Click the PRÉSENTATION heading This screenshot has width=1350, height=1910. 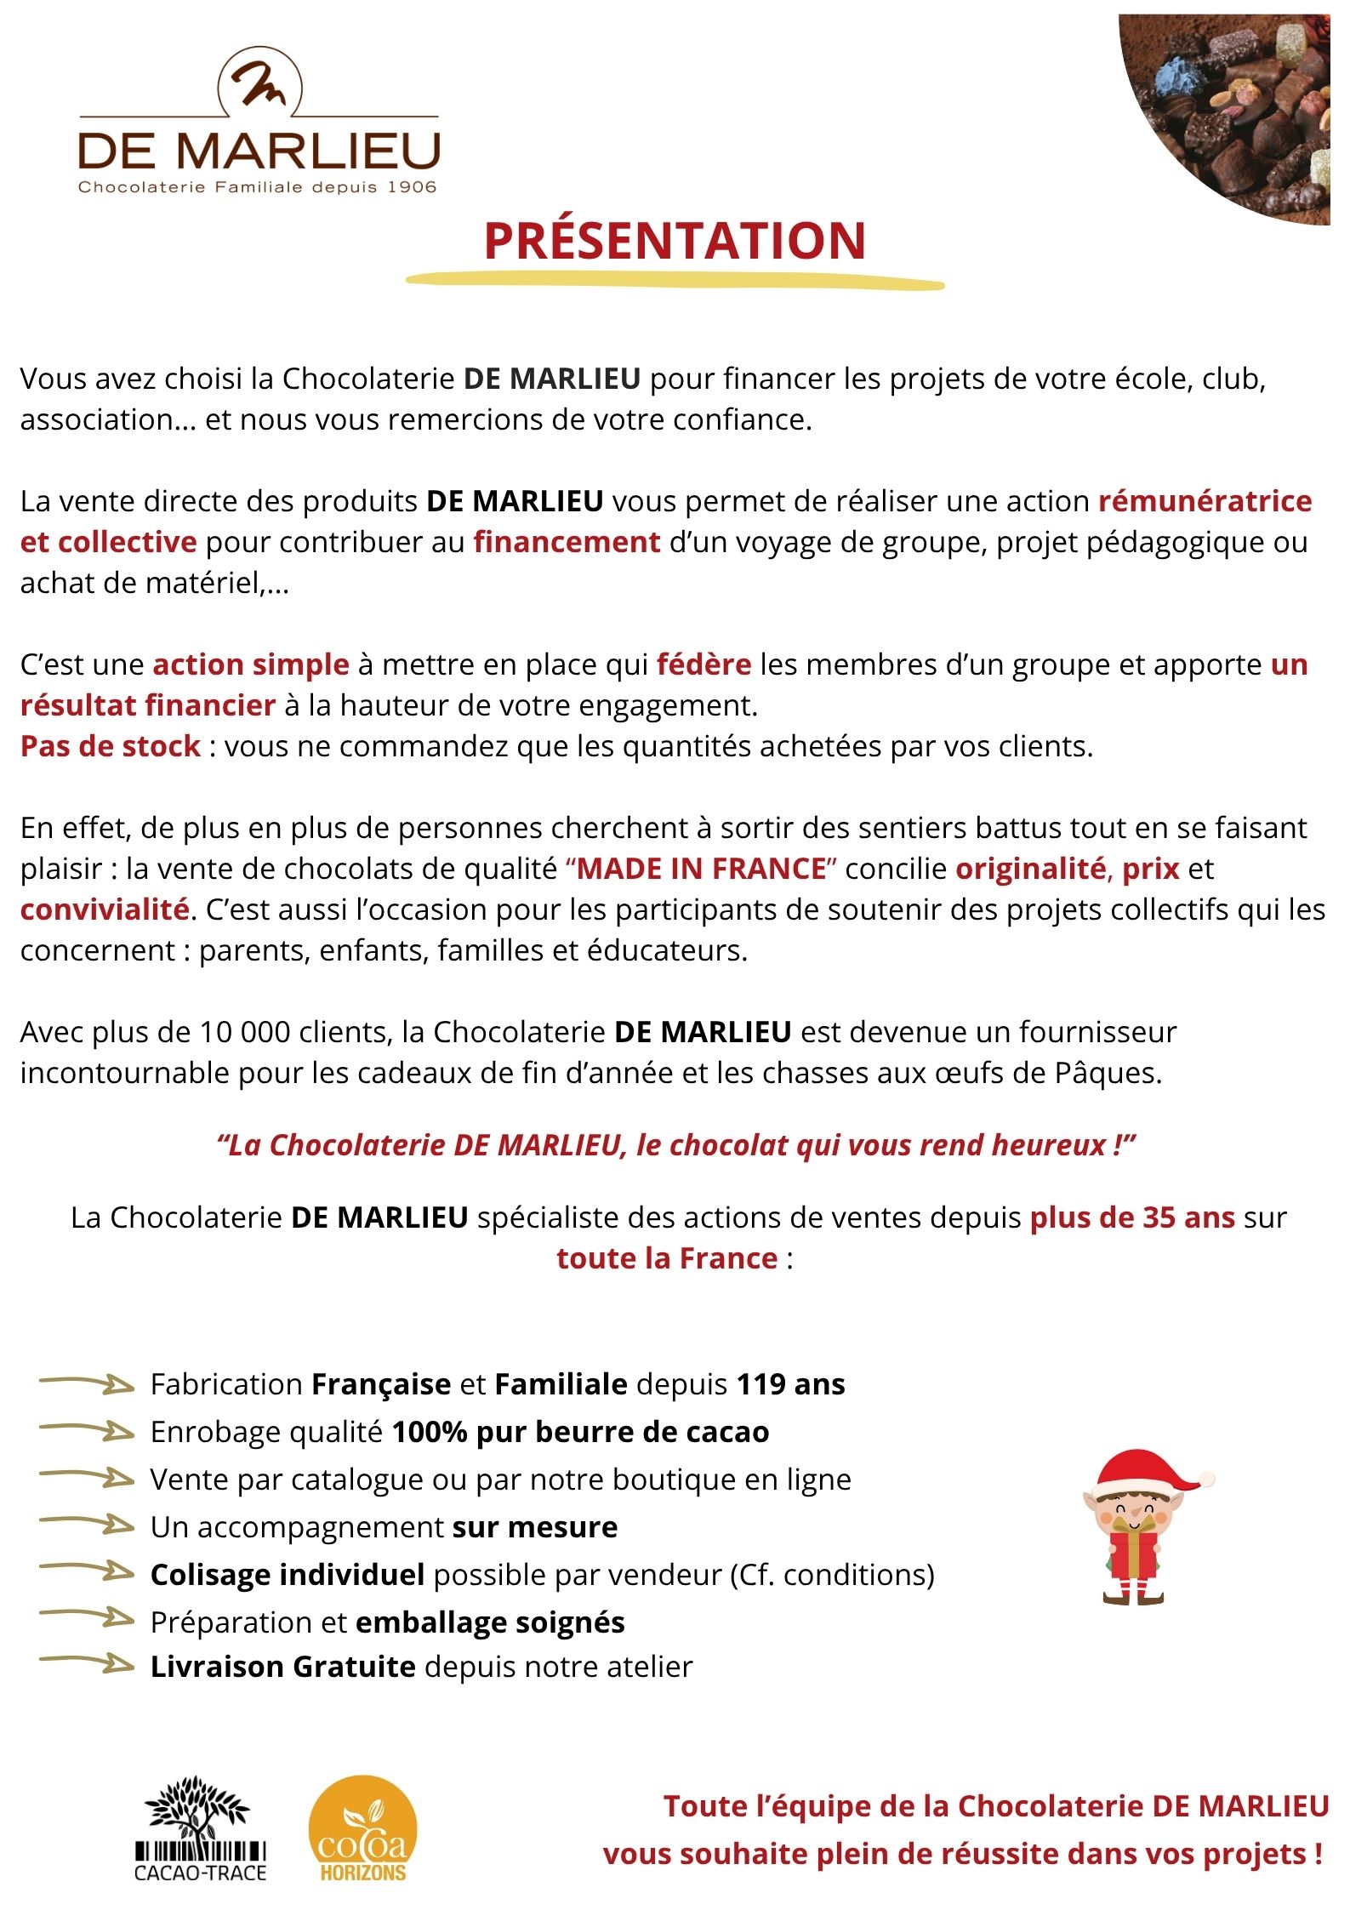(x=675, y=240)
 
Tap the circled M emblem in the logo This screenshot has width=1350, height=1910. (x=260, y=83)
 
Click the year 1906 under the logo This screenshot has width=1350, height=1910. (x=412, y=187)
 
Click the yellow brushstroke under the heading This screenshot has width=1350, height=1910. (x=675, y=281)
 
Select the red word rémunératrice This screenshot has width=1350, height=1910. (x=1205, y=501)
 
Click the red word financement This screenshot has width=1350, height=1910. (x=567, y=542)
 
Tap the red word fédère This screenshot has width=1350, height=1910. (x=703, y=664)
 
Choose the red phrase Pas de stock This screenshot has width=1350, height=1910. (x=111, y=746)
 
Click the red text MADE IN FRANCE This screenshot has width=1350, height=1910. (x=702, y=869)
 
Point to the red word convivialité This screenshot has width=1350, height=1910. (x=105, y=909)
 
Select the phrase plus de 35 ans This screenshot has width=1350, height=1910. (x=1132, y=1217)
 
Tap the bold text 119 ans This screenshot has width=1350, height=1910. (x=790, y=1384)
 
